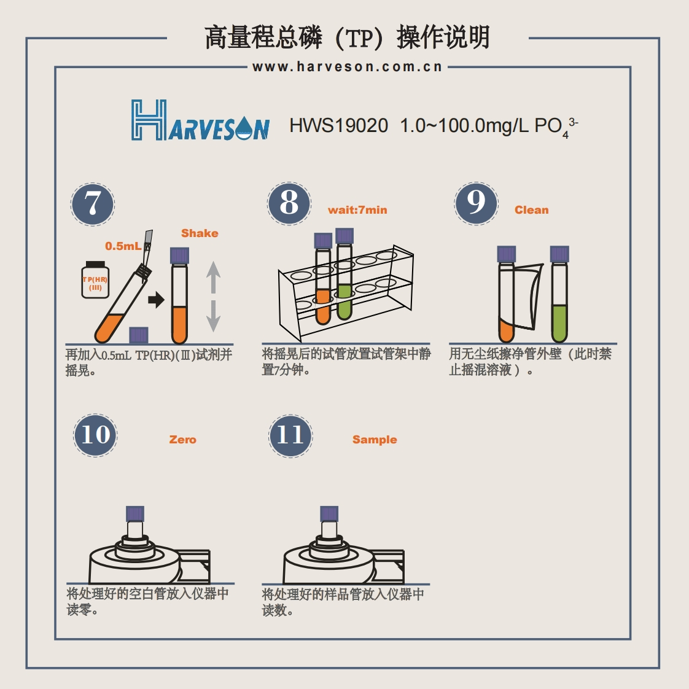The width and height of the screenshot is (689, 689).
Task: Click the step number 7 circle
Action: click(93, 204)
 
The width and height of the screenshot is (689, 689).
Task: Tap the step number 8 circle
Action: click(289, 203)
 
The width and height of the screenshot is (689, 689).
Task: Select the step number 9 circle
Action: click(476, 203)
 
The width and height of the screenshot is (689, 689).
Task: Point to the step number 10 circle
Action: click(95, 435)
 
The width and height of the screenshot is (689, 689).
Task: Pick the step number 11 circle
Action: click(290, 435)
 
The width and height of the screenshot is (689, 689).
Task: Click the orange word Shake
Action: click(200, 233)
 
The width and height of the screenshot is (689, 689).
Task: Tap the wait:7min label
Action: click(357, 210)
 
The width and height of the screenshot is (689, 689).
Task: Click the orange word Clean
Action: click(531, 210)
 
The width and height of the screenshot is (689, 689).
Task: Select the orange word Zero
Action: click(182, 440)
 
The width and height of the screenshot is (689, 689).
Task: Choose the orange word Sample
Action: click(375, 440)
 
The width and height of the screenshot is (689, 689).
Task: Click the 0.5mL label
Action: click(123, 246)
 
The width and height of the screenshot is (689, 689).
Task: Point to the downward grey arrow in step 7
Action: click(213, 316)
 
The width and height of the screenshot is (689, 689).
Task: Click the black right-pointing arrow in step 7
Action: click(157, 300)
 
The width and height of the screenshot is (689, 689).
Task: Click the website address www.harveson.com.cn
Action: click(347, 67)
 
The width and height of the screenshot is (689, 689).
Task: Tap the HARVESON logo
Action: click(200, 121)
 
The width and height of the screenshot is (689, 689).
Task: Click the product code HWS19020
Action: click(338, 126)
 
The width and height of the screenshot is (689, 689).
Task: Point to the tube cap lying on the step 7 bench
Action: click(139, 335)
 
